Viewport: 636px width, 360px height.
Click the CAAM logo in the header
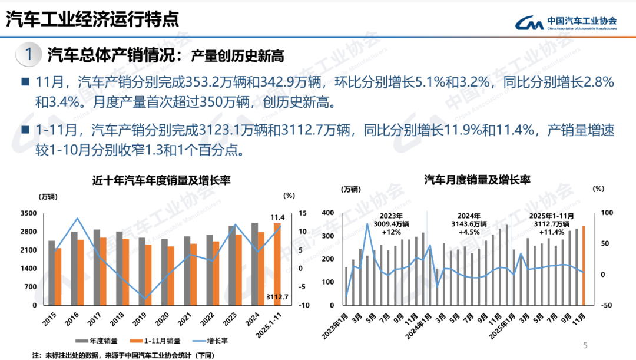click(566, 22)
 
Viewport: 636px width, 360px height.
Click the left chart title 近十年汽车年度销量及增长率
click(160, 180)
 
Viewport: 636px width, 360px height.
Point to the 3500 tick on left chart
click(28, 213)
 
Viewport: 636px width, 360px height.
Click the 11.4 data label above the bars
click(278, 217)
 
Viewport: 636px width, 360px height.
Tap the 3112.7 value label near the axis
click(277, 296)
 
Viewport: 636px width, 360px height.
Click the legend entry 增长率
click(213, 341)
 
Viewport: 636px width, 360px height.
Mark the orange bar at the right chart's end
click(584, 265)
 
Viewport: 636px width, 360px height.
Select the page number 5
click(585, 345)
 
